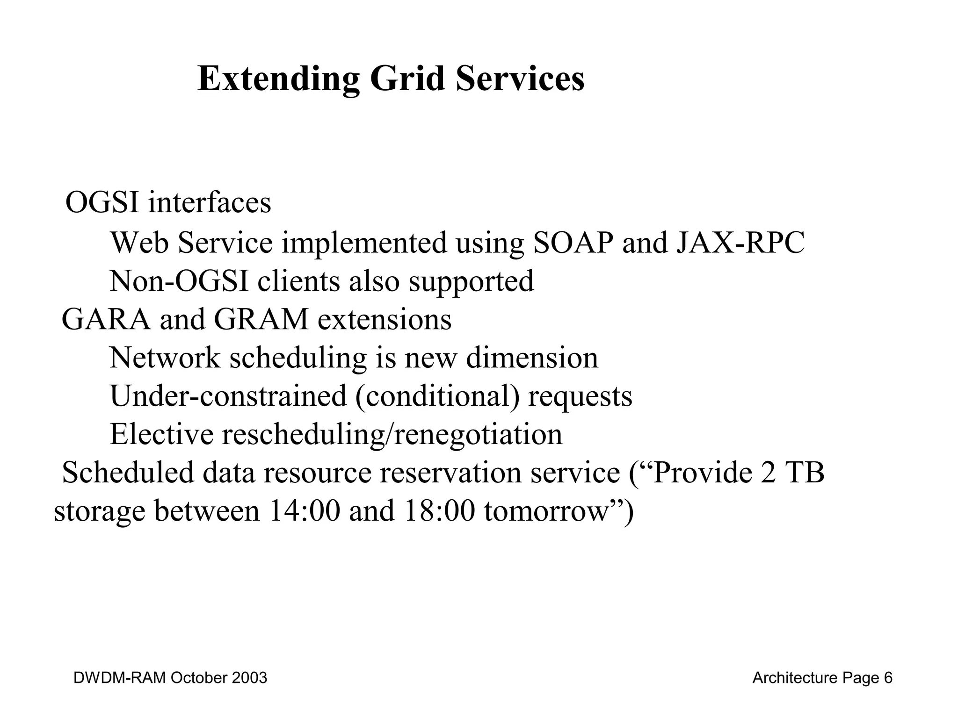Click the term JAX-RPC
740,243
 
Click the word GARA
106,320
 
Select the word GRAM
261,320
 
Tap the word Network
165,358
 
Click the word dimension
532,358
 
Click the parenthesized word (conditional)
437,396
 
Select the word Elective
161,434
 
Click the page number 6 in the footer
888,678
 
